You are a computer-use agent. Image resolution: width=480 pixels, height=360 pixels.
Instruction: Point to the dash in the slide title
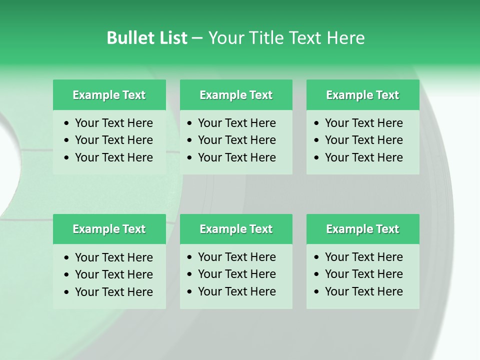pos(197,38)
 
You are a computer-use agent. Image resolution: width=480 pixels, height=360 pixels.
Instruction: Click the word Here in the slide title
pos(345,38)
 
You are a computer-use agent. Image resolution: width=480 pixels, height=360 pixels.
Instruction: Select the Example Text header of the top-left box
pos(109,95)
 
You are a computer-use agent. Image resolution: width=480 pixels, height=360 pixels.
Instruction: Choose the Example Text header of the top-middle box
pos(236,95)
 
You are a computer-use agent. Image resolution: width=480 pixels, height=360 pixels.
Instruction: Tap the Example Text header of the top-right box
pos(362,95)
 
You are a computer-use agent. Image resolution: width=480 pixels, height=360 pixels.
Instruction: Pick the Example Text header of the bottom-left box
pos(109,229)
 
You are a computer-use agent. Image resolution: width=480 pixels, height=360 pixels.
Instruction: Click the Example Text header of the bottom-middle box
pos(236,229)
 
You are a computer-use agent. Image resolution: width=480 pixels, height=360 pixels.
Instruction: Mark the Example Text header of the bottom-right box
pos(362,229)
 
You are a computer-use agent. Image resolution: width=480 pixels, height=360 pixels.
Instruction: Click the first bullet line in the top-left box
pos(114,123)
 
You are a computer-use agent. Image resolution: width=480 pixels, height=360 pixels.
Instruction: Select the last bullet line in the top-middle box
pos(237,157)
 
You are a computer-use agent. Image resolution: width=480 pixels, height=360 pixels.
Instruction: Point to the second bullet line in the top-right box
pos(364,140)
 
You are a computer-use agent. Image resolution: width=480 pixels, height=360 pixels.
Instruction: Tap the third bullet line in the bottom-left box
pos(114,292)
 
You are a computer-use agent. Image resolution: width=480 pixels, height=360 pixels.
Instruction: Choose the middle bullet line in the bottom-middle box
pos(237,274)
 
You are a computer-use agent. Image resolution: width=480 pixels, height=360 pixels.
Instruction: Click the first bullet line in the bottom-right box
pos(364,257)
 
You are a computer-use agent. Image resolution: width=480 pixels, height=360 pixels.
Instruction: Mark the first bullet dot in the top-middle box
pos(190,123)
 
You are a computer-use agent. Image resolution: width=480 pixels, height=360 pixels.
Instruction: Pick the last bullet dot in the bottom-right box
pos(317,292)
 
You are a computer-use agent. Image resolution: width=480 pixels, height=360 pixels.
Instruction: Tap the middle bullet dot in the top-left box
pos(67,140)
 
